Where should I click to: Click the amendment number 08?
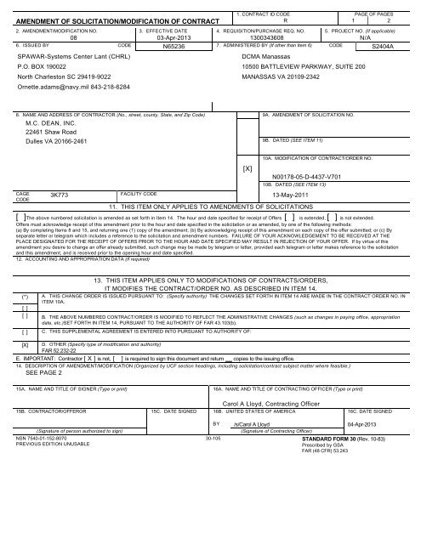click(x=73, y=38)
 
